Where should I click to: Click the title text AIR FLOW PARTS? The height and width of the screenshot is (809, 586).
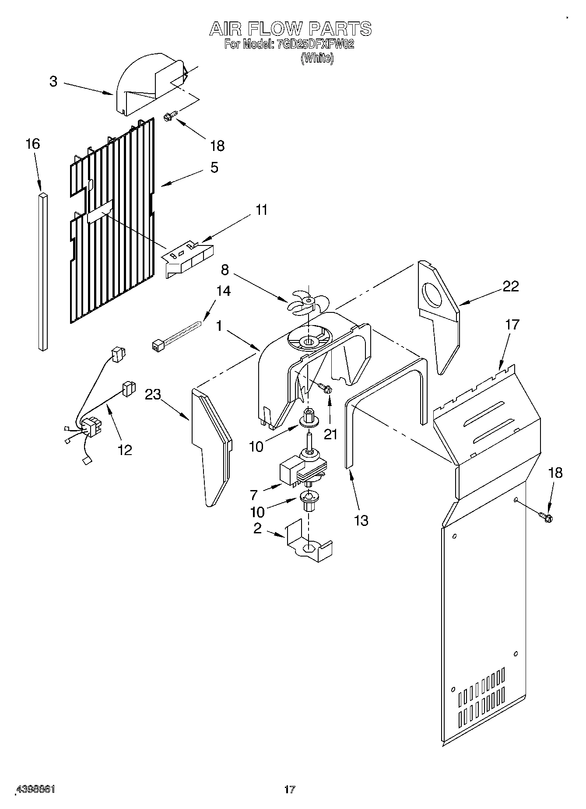[x=291, y=29]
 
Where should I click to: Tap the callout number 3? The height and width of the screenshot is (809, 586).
[x=53, y=81]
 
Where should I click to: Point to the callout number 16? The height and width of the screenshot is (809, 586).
[x=33, y=144]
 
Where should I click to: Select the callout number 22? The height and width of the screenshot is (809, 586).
[x=510, y=286]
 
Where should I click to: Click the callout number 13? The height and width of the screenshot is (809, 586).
[x=361, y=520]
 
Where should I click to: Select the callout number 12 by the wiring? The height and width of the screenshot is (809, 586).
[x=125, y=449]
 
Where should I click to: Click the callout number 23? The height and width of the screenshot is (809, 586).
[x=153, y=394]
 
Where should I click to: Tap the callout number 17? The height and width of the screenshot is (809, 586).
[x=512, y=325]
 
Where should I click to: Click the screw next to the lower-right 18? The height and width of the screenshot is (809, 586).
[x=546, y=517]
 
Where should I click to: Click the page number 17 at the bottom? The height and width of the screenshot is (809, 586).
[x=290, y=789]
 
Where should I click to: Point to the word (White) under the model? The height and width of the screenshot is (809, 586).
[x=317, y=58]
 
